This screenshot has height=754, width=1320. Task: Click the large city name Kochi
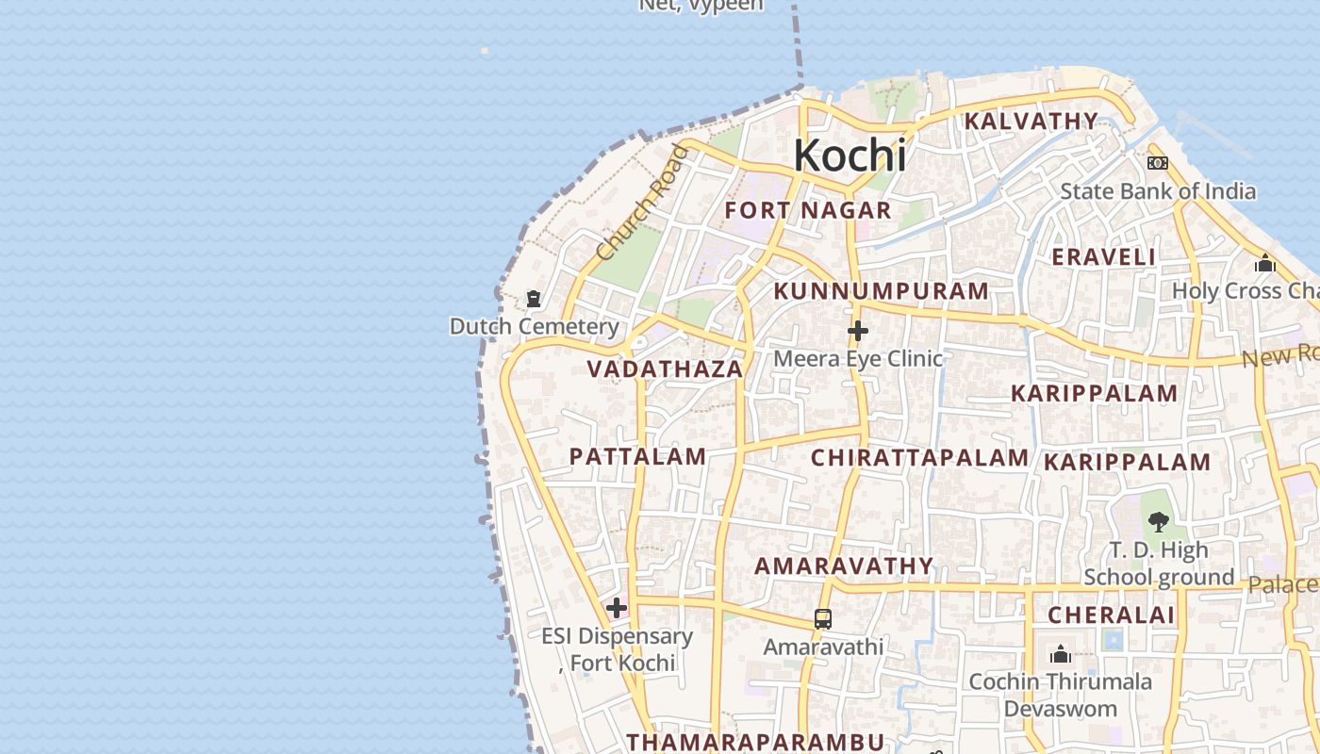(x=850, y=156)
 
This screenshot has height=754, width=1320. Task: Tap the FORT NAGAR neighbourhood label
(x=808, y=210)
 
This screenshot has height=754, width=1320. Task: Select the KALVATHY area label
(x=1031, y=122)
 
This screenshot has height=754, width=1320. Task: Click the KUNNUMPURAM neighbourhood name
(x=881, y=291)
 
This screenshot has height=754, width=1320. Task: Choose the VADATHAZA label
(x=666, y=369)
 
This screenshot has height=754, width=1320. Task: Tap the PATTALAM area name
(x=637, y=457)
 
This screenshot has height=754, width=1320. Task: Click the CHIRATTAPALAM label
(x=919, y=458)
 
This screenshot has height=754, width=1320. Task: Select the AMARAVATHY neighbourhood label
(x=844, y=565)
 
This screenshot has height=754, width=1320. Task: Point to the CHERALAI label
(x=1112, y=615)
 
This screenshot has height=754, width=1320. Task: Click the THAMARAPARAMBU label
(x=756, y=742)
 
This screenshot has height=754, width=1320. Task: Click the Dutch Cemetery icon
(x=534, y=300)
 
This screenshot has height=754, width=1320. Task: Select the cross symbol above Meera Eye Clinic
(x=857, y=331)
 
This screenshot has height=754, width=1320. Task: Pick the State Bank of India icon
(x=1158, y=163)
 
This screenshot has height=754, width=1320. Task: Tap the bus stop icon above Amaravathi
(x=822, y=619)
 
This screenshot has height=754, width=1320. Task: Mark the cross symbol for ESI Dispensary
(x=617, y=608)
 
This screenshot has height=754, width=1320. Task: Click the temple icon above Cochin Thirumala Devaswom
(x=1061, y=653)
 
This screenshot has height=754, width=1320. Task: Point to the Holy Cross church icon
(x=1265, y=263)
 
